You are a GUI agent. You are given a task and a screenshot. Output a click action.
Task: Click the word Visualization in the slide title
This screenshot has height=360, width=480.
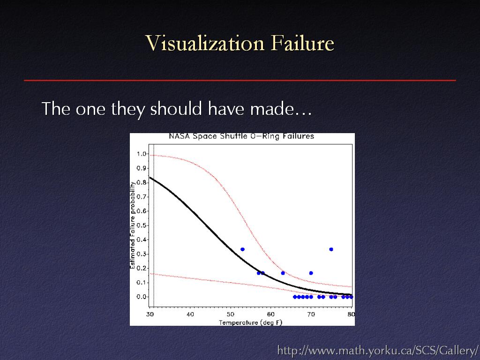(x=204, y=43)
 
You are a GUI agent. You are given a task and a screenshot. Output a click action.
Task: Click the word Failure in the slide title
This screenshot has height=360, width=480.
(x=302, y=43)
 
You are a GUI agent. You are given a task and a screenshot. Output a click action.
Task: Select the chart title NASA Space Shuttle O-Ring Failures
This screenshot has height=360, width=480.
(x=241, y=136)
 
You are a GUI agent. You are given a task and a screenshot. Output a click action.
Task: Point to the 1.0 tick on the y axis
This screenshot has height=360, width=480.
(x=142, y=154)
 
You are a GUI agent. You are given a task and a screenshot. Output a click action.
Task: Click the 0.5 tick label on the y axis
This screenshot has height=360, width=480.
(x=142, y=225)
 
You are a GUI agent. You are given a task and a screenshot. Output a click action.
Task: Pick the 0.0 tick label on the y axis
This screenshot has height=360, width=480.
(x=142, y=297)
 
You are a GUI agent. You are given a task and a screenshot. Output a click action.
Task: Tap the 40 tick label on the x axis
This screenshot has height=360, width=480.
(x=190, y=315)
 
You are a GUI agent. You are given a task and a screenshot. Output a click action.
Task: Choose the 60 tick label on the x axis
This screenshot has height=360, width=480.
(x=270, y=315)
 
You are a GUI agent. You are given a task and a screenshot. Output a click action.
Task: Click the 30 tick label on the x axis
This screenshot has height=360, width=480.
(x=150, y=315)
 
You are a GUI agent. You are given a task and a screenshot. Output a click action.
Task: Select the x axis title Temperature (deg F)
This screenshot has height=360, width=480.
(x=250, y=322)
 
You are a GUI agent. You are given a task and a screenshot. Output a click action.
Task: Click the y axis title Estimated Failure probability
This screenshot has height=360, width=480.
(x=133, y=225)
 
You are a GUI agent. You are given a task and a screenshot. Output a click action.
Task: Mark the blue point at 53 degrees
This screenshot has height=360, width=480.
(x=242, y=249)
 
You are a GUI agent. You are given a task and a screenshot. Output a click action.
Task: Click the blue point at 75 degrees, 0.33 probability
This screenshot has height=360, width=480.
(x=331, y=249)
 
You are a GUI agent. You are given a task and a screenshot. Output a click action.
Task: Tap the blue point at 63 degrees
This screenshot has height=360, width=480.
(x=283, y=273)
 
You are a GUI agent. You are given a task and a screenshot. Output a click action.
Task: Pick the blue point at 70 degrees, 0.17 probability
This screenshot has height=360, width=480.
(x=311, y=273)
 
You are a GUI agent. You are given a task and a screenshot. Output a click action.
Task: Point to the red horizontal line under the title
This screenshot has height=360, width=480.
(x=240, y=80)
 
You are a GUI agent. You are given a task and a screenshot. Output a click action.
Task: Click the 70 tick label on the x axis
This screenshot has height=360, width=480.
(x=311, y=315)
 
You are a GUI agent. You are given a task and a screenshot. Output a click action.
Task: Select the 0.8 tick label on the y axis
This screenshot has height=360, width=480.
(x=142, y=182)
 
